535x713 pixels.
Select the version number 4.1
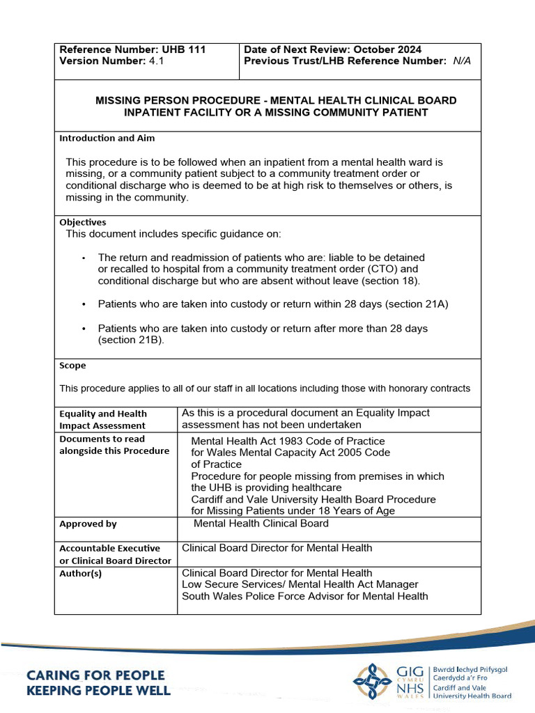click(155, 61)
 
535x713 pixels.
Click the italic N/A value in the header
click(461, 61)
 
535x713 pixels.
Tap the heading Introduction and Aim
click(107, 138)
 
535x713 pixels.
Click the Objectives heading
click(83, 222)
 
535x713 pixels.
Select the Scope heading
click(72, 366)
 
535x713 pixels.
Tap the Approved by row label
click(88, 524)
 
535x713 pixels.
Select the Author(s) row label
click(81, 573)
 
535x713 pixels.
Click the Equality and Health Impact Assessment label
click(102, 419)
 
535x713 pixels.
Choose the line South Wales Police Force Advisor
click(304, 596)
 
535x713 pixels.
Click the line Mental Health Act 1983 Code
click(287, 441)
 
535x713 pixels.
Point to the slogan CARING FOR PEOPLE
click(95, 675)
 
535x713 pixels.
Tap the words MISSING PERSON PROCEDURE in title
click(180, 100)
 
